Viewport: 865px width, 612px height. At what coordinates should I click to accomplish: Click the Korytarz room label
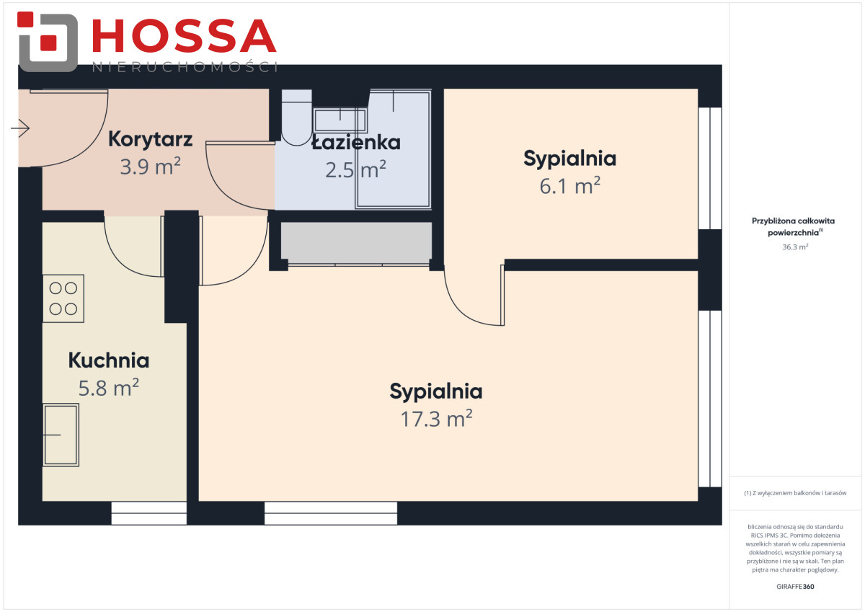[150, 139]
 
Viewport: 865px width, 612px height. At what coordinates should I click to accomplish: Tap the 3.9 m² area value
[150, 167]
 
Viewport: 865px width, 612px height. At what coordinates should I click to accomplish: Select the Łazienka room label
[356, 142]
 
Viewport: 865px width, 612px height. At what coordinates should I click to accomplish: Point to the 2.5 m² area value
[355, 170]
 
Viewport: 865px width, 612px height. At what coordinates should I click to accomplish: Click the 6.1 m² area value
[569, 186]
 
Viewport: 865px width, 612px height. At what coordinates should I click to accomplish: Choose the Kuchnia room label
[109, 360]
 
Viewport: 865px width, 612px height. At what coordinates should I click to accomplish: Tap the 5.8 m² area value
[109, 388]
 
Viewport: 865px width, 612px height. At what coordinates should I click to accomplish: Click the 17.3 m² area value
[436, 419]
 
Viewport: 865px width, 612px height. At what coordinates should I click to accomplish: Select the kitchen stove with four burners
[63, 298]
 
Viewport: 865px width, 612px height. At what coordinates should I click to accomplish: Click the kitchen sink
[61, 435]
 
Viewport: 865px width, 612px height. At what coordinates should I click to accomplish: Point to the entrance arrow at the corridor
[20, 128]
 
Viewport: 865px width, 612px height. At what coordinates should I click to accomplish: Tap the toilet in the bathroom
[296, 117]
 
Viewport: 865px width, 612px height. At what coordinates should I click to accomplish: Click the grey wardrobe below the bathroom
[356, 243]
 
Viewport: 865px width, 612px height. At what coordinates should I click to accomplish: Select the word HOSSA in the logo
[185, 35]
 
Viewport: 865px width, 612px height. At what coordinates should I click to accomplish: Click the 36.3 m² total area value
[795, 247]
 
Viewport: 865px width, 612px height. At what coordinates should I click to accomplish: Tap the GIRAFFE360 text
[795, 587]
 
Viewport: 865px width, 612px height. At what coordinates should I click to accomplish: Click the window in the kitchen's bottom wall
[149, 513]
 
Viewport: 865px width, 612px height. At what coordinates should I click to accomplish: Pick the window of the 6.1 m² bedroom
[710, 169]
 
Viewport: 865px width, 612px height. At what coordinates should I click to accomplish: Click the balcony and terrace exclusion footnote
[795, 493]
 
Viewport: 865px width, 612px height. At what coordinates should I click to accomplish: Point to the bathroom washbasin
[340, 120]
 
